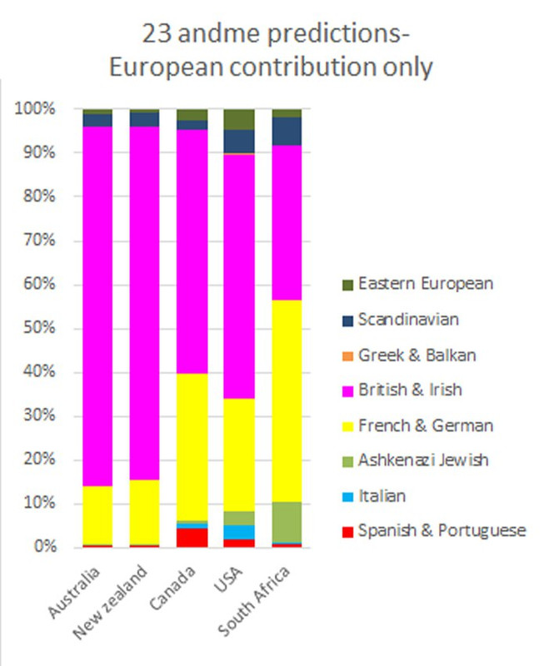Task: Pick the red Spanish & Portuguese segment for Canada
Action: click(x=192, y=537)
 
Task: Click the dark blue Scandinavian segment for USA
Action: click(x=240, y=142)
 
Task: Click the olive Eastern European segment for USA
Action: click(x=240, y=119)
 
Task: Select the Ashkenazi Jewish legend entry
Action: click(x=423, y=460)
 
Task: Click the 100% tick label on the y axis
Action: click(x=35, y=109)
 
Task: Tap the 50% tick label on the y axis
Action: click(x=38, y=328)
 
